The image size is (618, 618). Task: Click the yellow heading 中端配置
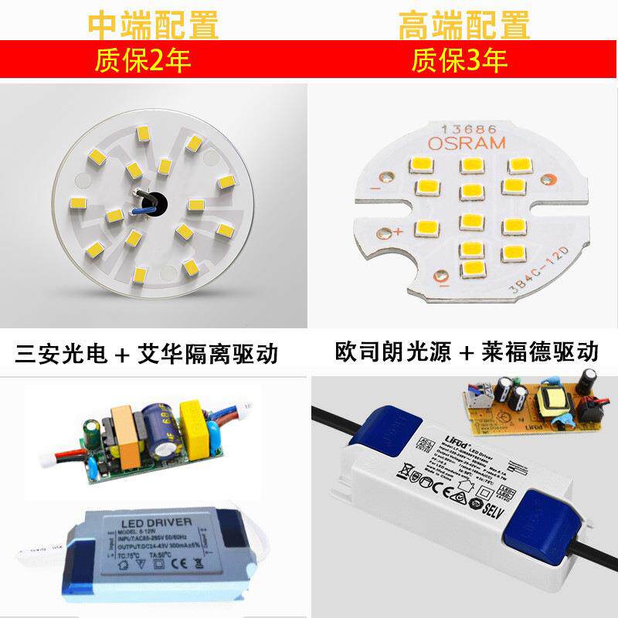154,25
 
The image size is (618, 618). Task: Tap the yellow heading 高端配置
464,25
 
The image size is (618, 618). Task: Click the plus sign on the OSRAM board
399,231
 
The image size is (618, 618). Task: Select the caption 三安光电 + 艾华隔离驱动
147,355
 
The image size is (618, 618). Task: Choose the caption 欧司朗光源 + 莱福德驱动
467,352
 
